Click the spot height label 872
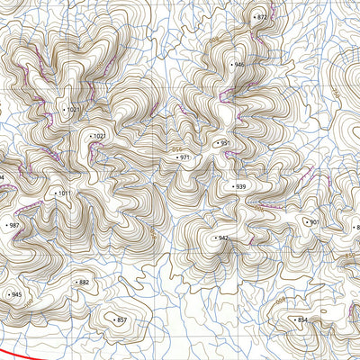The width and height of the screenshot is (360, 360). (x=262, y=17)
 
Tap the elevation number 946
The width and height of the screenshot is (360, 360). (x=238, y=65)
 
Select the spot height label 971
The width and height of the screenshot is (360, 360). (x=185, y=157)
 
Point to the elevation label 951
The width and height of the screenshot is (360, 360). (x=225, y=143)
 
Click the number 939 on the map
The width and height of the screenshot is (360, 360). (x=240, y=186)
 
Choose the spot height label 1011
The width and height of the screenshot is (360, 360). (x=64, y=193)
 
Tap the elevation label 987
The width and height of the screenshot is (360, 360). (x=13, y=226)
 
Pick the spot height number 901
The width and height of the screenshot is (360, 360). (x=314, y=221)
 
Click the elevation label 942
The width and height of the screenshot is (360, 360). (x=223, y=238)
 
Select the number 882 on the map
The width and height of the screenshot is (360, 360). (x=85, y=283)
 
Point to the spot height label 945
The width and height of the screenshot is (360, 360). (x=16, y=295)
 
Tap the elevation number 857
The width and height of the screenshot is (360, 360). (x=121, y=319)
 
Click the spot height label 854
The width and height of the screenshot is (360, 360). (x=302, y=319)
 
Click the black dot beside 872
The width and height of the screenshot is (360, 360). (x=254, y=17)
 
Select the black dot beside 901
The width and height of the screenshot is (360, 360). (x=306, y=221)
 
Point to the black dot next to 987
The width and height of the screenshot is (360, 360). (x=5, y=226)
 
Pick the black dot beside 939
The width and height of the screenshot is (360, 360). (x=232, y=186)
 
